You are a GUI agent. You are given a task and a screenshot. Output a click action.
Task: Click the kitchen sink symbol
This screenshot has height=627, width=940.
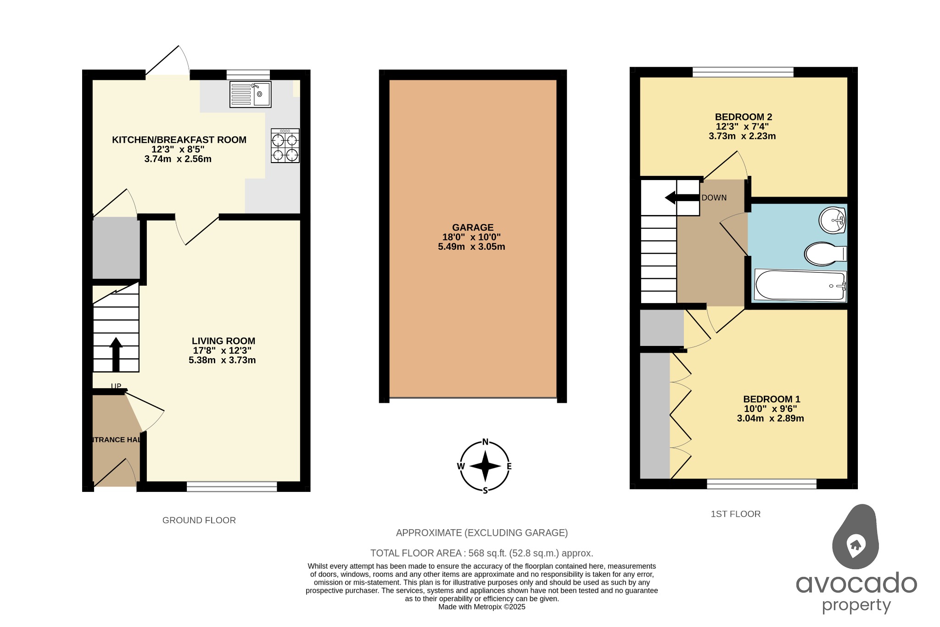[250, 95]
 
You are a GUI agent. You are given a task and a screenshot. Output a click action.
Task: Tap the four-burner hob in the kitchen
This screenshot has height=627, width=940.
[285, 146]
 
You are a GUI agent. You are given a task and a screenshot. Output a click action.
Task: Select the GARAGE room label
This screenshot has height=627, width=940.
[473, 227]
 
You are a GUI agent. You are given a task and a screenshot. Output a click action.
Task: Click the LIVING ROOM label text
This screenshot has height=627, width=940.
[224, 341]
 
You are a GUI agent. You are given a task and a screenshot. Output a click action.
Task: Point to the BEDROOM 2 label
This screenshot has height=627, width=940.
[743, 117]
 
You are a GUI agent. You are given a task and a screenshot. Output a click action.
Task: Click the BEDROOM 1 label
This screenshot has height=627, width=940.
[772, 399]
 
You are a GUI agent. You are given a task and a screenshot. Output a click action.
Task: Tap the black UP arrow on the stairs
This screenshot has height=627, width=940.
[116, 354]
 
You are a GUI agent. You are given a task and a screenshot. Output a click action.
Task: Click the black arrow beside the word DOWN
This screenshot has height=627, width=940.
[682, 198]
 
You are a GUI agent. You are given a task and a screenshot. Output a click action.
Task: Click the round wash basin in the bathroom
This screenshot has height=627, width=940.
[832, 220]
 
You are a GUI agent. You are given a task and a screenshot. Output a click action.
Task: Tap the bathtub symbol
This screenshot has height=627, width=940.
[800, 286]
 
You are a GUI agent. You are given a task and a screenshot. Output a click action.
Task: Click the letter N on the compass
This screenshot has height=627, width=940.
[485, 442]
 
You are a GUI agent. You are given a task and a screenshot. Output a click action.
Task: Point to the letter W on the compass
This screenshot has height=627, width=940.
[461, 466]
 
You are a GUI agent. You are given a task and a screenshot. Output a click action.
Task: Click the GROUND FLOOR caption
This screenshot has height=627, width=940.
[199, 520]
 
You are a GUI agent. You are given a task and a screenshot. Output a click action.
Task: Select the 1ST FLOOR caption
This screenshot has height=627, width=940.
[735, 514]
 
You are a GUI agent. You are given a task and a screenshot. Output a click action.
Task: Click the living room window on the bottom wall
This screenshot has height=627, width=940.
[232, 486]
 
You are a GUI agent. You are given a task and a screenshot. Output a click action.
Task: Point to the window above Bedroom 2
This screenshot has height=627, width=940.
[743, 72]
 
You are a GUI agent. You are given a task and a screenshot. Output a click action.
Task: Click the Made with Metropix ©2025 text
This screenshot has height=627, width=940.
[481, 607]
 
